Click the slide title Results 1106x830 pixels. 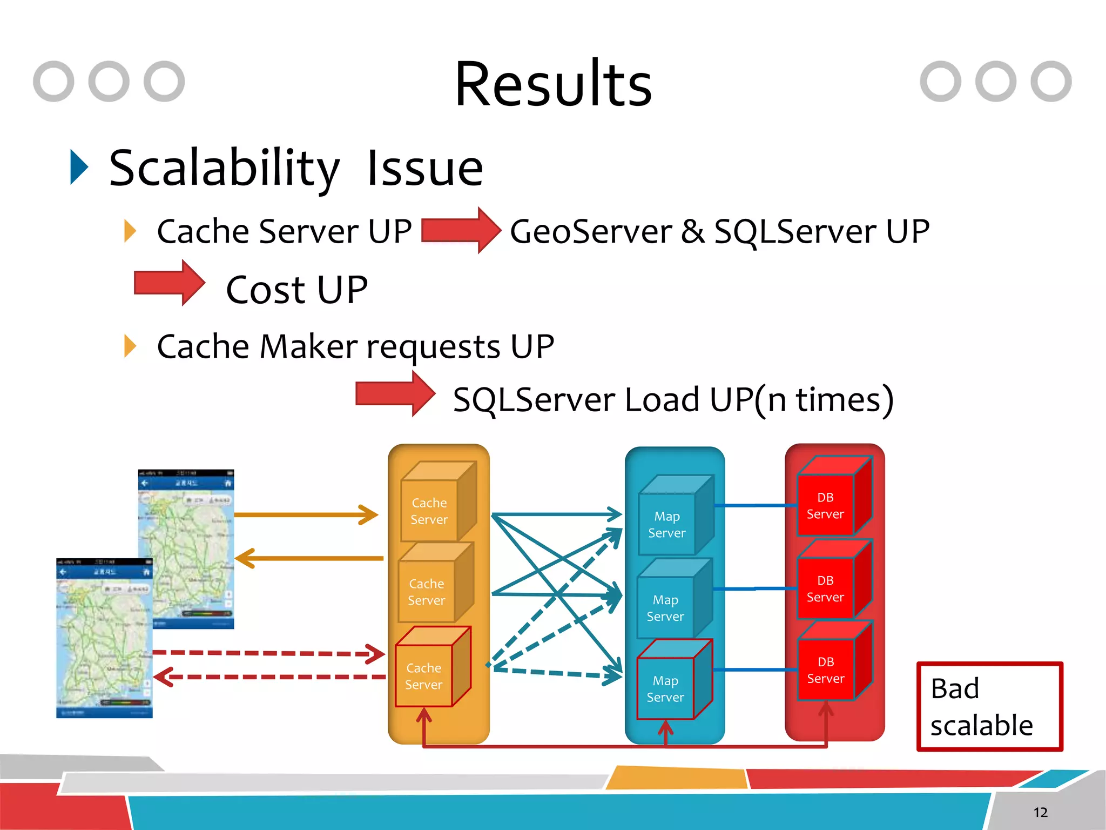553,85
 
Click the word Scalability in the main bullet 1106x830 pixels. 224,169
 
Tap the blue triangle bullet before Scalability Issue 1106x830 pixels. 79,168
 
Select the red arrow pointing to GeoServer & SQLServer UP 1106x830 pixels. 460,230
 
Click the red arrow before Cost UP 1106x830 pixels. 169,283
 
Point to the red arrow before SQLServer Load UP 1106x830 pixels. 395,394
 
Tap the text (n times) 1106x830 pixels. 823,400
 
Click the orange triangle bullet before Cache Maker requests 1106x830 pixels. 130,346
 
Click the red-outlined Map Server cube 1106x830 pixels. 673,682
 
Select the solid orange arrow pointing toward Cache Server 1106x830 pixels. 306,514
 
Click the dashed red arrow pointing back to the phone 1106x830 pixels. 270,677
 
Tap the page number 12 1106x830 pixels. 1040,812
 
